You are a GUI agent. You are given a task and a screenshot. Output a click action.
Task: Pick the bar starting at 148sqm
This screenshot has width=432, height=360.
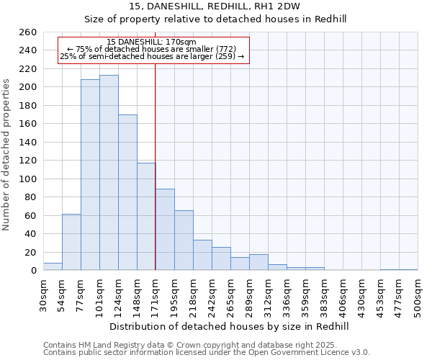(146, 217)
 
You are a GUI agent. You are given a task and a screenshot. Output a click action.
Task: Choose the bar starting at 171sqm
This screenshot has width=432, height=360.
(165, 230)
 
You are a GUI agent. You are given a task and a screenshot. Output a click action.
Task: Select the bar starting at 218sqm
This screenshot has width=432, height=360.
(202, 255)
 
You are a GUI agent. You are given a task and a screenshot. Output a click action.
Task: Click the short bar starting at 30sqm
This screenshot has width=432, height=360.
(53, 266)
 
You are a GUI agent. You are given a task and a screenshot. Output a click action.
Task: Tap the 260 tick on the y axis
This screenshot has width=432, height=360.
(29, 32)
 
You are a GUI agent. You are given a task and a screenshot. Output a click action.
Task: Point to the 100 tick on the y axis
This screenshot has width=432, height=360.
(29, 179)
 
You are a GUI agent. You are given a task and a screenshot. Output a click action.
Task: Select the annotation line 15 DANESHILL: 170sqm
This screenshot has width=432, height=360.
(151, 42)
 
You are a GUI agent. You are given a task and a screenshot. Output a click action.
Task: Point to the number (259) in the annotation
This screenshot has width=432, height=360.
(225, 56)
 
